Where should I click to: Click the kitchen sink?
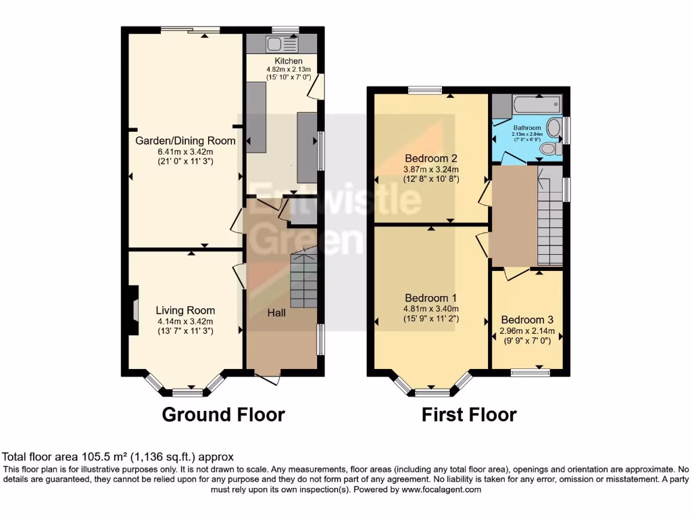click(x=275, y=45)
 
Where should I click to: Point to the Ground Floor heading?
click(x=223, y=414)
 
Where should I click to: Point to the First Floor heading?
click(x=469, y=414)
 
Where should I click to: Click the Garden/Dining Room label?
click(x=186, y=141)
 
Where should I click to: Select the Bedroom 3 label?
click(x=527, y=320)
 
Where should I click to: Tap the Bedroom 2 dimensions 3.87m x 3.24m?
click(x=431, y=170)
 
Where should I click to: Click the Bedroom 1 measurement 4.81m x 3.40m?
click(x=431, y=310)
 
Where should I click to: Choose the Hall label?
click(x=276, y=313)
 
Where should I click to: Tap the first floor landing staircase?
click(x=549, y=223)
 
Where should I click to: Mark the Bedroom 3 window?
click(x=529, y=371)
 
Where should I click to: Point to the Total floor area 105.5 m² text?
click(x=118, y=457)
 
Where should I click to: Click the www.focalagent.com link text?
click(x=442, y=490)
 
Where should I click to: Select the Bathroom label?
click(x=526, y=128)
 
